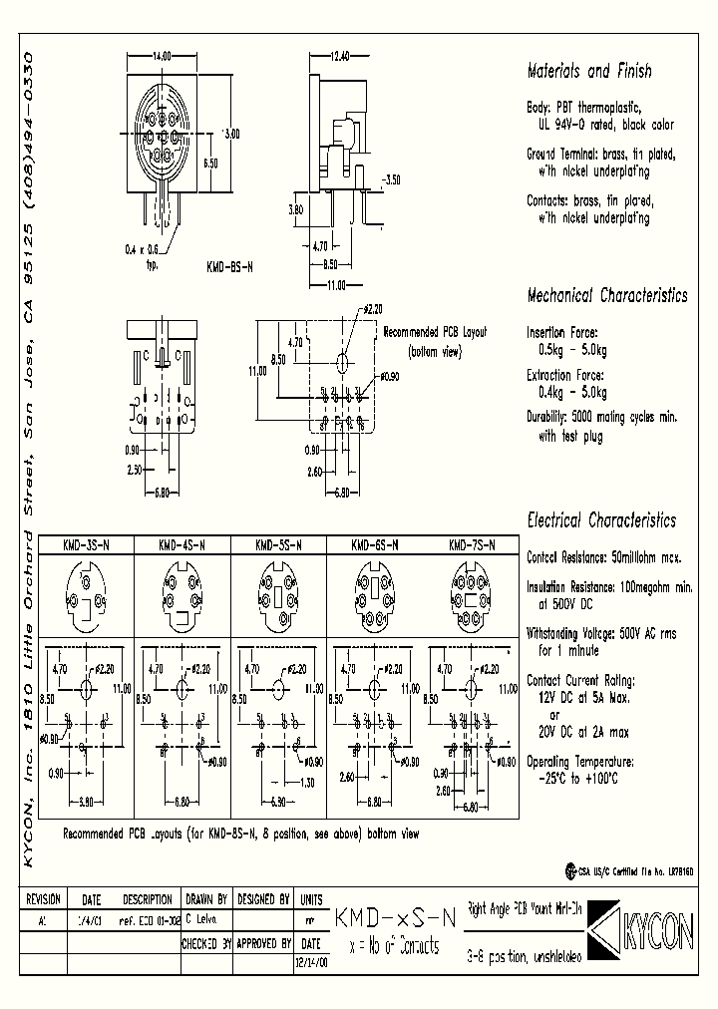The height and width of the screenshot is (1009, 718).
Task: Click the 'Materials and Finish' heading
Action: (588, 72)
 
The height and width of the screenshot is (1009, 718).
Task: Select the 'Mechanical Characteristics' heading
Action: (606, 296)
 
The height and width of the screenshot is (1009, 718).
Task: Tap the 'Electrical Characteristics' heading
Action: (600, 520)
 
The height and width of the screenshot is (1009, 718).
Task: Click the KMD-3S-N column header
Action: (86, 545)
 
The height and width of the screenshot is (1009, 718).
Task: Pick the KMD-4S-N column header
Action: (182, 545)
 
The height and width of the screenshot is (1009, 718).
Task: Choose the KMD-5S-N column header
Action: (279, 545)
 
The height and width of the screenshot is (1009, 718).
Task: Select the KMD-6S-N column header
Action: (376, 545)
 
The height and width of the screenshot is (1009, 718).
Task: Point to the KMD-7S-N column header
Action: (473, 545)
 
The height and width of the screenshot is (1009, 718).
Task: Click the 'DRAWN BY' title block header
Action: (207, 898)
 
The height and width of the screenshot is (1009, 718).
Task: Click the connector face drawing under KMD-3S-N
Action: (86, 594)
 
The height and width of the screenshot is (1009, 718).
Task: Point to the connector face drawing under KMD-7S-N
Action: (473, 594)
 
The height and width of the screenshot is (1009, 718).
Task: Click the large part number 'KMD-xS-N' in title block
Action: (395, 918)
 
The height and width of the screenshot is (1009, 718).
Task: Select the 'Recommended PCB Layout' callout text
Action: (435, 332)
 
